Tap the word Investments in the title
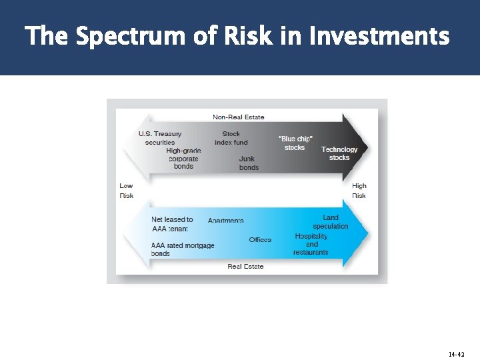[379, 36]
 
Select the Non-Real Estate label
[239, 117]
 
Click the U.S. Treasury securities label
[160, 138]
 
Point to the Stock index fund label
[231, 138]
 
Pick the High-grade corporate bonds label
[183, 159]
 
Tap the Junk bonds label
[249, 163]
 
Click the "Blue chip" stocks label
[295, 143]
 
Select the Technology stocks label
[339, 153]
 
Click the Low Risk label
[126, 191]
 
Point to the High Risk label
[359, 191]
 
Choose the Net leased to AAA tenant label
[171, 224]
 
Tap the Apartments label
[226, 221]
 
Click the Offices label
[260, 240]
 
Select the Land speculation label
[331, 222]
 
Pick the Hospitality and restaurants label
[311, 244]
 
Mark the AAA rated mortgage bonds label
[182, 249]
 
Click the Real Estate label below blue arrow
[245, 267]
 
